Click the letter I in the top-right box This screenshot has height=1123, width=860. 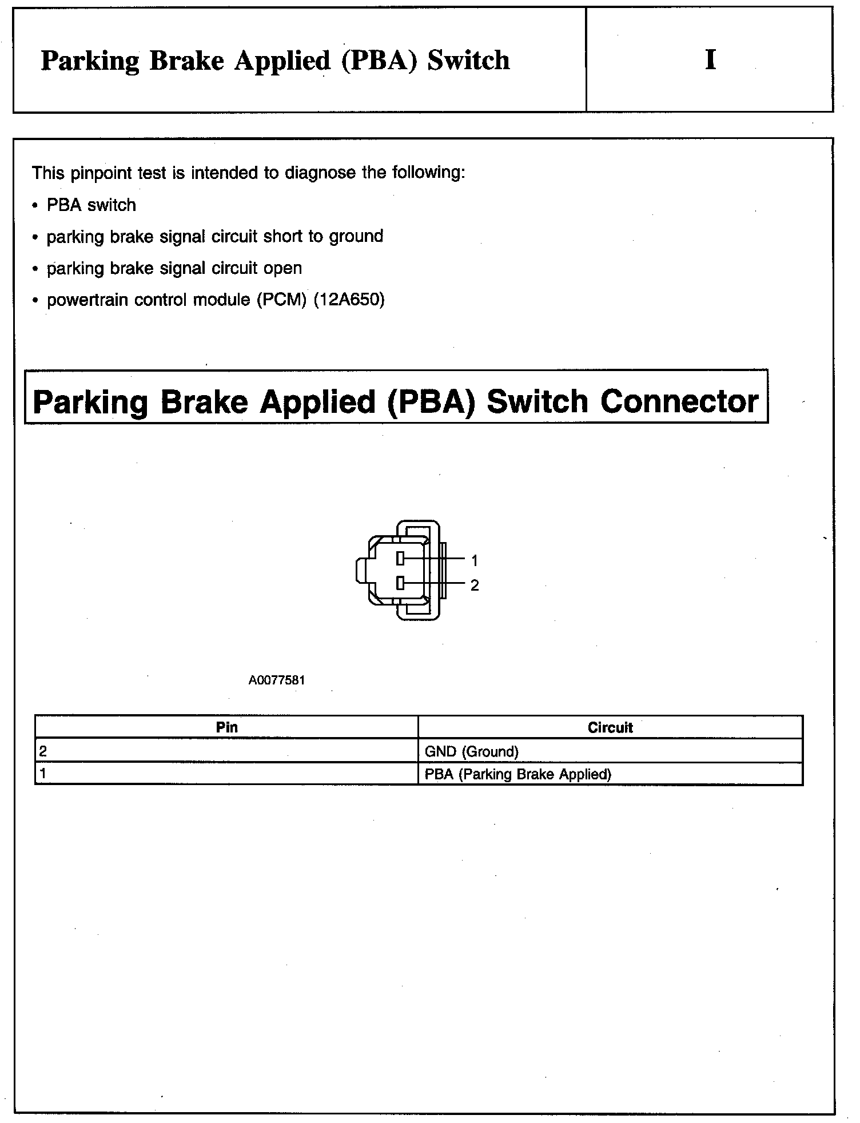[710, 59]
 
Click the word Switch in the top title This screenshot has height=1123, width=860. [468, 61]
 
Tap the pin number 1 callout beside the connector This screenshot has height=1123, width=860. [475, 560]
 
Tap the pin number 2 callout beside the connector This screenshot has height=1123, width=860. [475, 586]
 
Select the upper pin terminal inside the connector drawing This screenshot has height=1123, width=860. [400, 558]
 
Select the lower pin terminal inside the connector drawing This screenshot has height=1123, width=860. [400, 583]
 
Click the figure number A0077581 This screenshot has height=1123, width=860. [277, 680]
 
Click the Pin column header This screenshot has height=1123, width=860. [226, 727]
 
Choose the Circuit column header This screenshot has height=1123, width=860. [610, 727]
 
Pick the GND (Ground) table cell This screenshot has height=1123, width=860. [472, 751]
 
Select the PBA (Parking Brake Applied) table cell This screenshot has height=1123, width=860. [518, 774]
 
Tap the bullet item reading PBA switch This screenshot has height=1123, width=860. [91, 205]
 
